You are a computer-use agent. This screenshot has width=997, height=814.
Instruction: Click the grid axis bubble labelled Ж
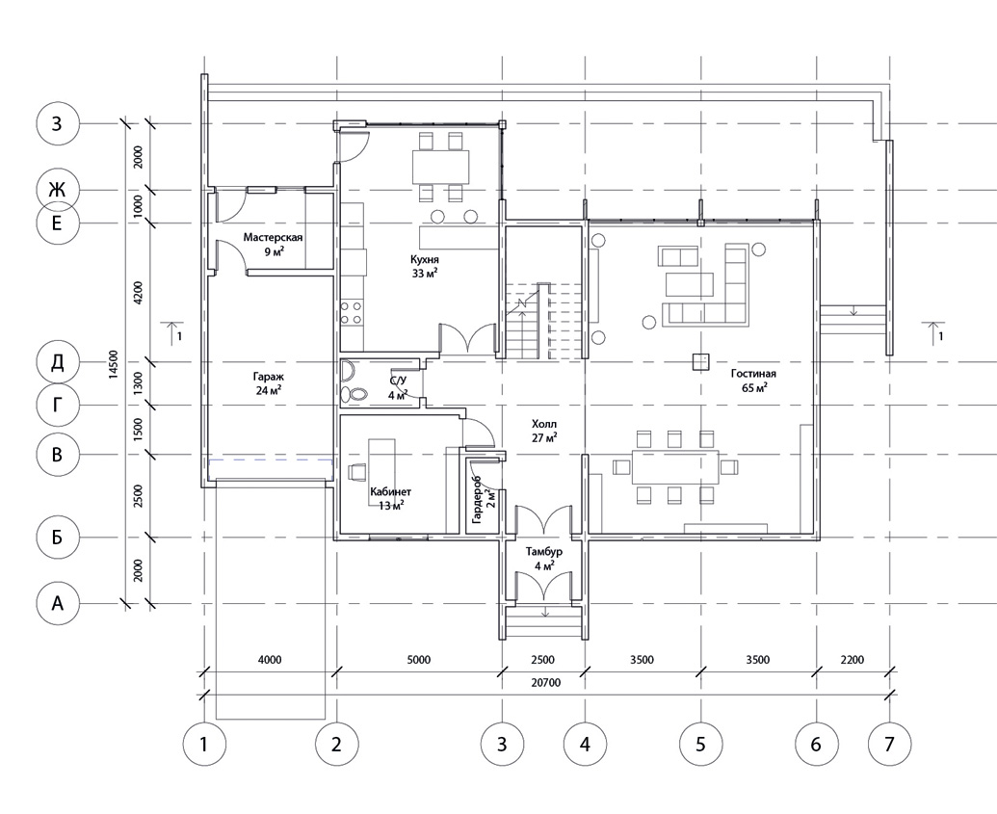[57, 190]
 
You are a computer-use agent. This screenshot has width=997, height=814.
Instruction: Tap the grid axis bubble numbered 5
[700, 743]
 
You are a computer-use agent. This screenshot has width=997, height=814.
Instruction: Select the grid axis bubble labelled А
[57, 602]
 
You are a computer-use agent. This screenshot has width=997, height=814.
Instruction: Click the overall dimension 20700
[545, 683]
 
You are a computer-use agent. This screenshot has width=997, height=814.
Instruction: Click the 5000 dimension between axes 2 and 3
[418, 660]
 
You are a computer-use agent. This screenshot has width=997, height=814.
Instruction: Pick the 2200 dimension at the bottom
[853, 660]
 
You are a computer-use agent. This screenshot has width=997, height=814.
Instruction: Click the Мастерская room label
[273, 237]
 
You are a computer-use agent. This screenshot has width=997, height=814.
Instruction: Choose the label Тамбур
[544, 551]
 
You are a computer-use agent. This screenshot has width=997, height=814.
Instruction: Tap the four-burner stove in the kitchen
[352, 313]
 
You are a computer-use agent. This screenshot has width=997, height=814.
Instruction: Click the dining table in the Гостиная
[674, 467]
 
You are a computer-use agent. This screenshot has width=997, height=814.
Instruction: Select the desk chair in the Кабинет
[356, 471]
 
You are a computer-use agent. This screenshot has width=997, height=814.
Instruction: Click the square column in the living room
[701, 362]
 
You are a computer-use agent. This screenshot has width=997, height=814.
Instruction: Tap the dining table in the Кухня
[440, 166]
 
